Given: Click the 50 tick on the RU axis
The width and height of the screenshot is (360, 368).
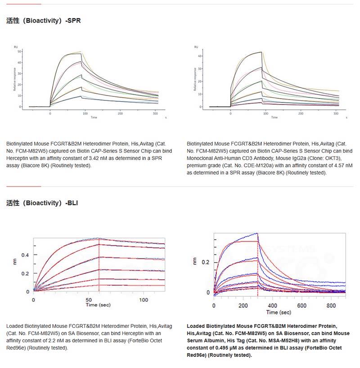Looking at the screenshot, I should (x=19, y=51).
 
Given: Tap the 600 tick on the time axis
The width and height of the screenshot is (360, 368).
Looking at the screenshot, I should (x=301, y=305).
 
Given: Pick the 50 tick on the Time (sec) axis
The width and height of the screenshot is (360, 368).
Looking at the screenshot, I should (x=88, y=300).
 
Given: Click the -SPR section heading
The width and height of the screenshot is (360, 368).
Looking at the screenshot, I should (x=72, y=20).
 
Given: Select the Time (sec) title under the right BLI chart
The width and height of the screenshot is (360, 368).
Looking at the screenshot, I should (x=279, y=312).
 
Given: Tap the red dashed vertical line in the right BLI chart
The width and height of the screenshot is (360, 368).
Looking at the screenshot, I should (x=258, y=270).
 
